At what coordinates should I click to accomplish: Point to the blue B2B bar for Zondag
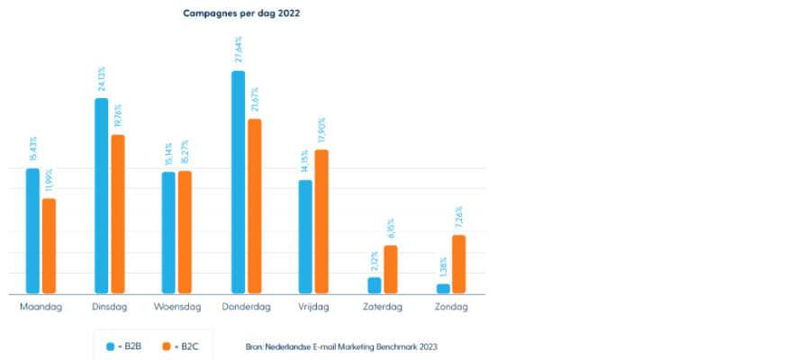pos(443,289)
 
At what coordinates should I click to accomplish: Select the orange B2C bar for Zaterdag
pos(390,269)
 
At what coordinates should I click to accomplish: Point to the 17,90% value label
pos(321,131)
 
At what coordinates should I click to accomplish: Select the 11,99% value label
pos(50,180)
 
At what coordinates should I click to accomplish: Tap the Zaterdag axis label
pos(383,307)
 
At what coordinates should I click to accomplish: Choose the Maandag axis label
pos(41,307)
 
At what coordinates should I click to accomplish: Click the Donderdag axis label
pos(246,307)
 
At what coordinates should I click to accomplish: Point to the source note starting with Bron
pos(341,346)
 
